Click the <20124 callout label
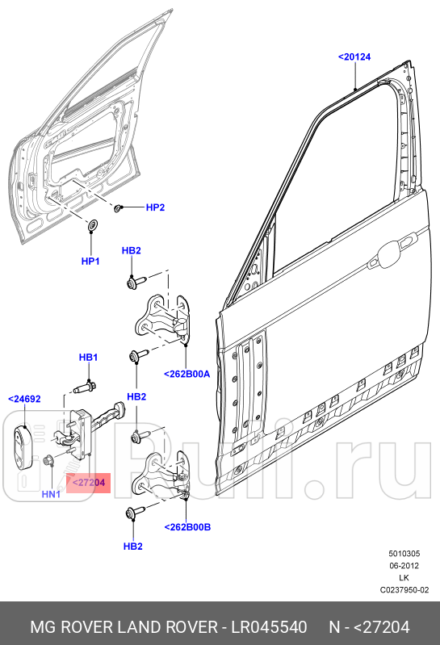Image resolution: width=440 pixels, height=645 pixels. (x=355, y=57)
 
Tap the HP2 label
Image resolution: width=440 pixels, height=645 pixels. (x=155, y=207)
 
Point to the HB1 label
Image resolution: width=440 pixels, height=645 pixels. (x=88, y=357)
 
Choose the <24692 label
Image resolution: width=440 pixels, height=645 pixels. (x=24, y=399)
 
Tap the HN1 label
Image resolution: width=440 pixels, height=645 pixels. (x=51, y=493)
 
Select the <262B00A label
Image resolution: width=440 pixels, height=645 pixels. (x=186, y=374)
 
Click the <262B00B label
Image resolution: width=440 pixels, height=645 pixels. (x=187, y=526)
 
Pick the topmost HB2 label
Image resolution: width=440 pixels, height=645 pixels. (x=132, y=251)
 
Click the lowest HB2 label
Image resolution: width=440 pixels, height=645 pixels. (x=132, y=546)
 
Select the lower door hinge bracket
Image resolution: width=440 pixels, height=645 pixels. (x=166, y=476)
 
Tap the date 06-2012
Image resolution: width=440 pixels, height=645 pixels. (x=404, y=566)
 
